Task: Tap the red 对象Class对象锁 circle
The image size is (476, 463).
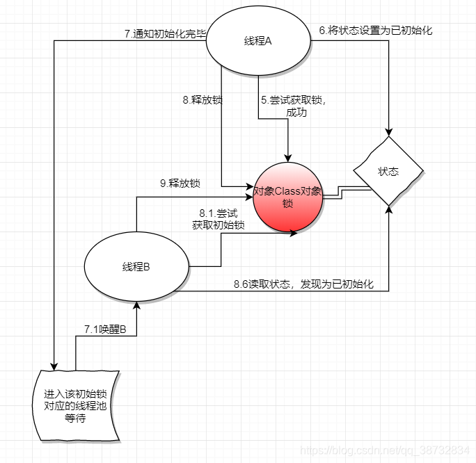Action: pos(287,197)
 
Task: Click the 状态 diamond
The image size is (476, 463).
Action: pos(388,171)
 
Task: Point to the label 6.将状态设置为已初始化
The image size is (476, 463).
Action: pos(376,31)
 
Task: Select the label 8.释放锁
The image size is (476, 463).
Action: pos(203,100)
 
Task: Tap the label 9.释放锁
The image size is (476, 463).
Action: pos(180,184)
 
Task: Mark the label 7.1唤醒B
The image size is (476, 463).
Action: pos(105,329)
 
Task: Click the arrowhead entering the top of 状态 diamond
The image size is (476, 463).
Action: pos(388,131)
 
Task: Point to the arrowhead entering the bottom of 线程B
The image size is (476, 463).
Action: pos(137,307)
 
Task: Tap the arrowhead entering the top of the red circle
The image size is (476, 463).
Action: pos(287,159)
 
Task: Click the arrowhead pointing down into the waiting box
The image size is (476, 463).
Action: pos(53,365)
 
